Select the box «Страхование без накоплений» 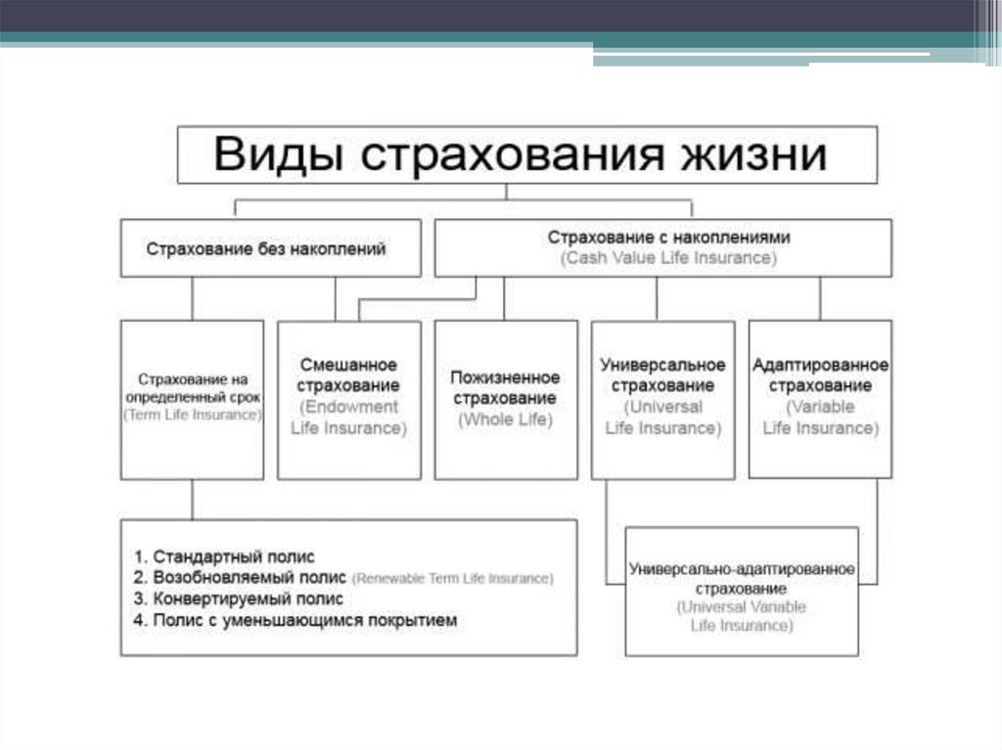click(266, 248)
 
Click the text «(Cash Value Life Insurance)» click(668, 259)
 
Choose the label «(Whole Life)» click(505, 419)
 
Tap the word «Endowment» click(349, 407)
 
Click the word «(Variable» click(821, 407)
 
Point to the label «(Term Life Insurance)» click(193, 415)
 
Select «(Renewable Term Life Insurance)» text click(452, 578)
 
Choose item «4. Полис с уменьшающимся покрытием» click(296, 620)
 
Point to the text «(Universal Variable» click(742, 607)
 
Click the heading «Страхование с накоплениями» click(668, 237)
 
